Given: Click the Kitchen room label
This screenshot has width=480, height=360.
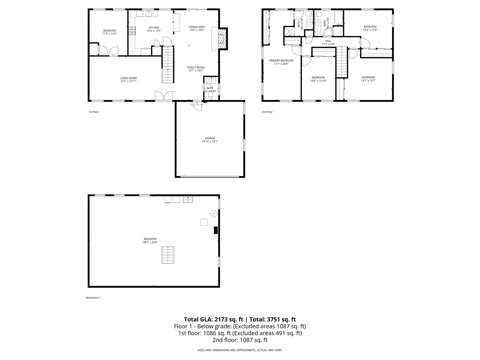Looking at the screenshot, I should [x=154, y=28].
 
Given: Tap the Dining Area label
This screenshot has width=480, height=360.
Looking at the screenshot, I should [x=197, y=27].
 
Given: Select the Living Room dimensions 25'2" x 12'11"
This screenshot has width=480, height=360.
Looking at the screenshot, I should [x=128, y=81].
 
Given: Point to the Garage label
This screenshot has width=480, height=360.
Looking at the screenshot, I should [x=210, y=138].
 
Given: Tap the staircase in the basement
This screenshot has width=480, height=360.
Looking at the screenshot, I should [x=168, y=255].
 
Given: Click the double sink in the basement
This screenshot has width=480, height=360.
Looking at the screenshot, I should [x=188, y=200].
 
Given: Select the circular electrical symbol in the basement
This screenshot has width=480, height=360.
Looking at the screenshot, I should [x=214, y=213].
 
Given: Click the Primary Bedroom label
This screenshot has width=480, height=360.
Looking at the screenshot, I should [x=281, y=61].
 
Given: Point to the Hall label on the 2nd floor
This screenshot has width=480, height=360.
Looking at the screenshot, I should [x=328, y=41].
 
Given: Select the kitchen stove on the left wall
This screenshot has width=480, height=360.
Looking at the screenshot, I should [x=133, y=31].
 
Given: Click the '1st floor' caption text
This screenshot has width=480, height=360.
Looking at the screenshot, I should [x=94, y=112].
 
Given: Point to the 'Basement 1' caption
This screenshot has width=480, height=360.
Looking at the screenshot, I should [x=93, y=298].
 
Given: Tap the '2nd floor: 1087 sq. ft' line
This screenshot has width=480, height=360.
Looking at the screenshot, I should [x=240, y=340].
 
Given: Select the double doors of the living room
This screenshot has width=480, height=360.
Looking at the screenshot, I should [x=164, y=96].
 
